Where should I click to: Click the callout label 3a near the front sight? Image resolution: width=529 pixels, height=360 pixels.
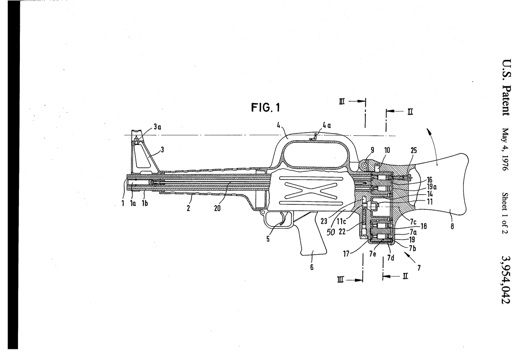click(157, 126)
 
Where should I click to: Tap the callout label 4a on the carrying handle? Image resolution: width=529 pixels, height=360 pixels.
click(327, 126)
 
